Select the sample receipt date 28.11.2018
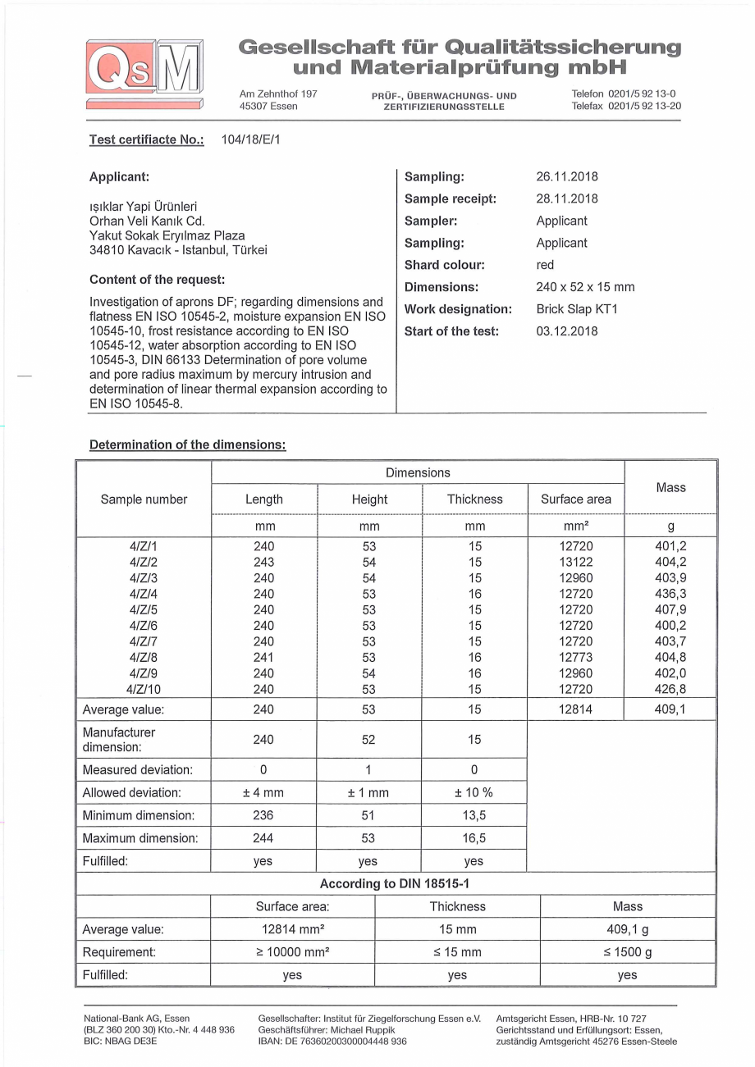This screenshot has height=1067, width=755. [566, 198]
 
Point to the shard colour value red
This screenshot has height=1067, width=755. [545, 265]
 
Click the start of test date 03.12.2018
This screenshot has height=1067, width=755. [566, 331]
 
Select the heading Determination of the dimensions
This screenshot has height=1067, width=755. [187, 445]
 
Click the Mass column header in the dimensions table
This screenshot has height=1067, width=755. [670, 487]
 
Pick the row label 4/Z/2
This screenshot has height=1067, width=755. [144, 563]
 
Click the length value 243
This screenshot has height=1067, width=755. [264, 563]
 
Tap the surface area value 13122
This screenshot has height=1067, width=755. [575, 563]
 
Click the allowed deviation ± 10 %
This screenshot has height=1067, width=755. [474, 793]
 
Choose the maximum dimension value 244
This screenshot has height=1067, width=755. [264, 838]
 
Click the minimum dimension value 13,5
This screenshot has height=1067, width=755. [474, 816]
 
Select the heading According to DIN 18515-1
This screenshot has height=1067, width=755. [396, 884]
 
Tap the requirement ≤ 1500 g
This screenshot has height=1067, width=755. [627, 952]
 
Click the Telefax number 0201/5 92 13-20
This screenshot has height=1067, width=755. [644, 106]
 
